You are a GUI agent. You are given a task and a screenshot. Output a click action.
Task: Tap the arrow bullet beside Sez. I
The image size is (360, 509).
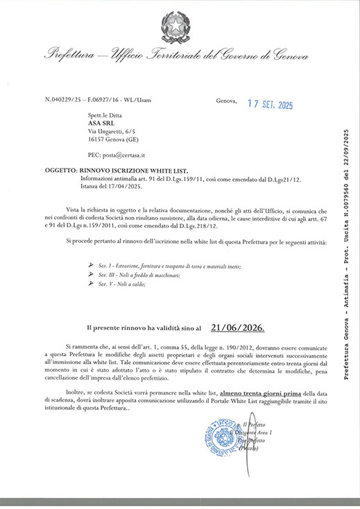90,266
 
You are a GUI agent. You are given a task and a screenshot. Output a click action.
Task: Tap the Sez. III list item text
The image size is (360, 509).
139,275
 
